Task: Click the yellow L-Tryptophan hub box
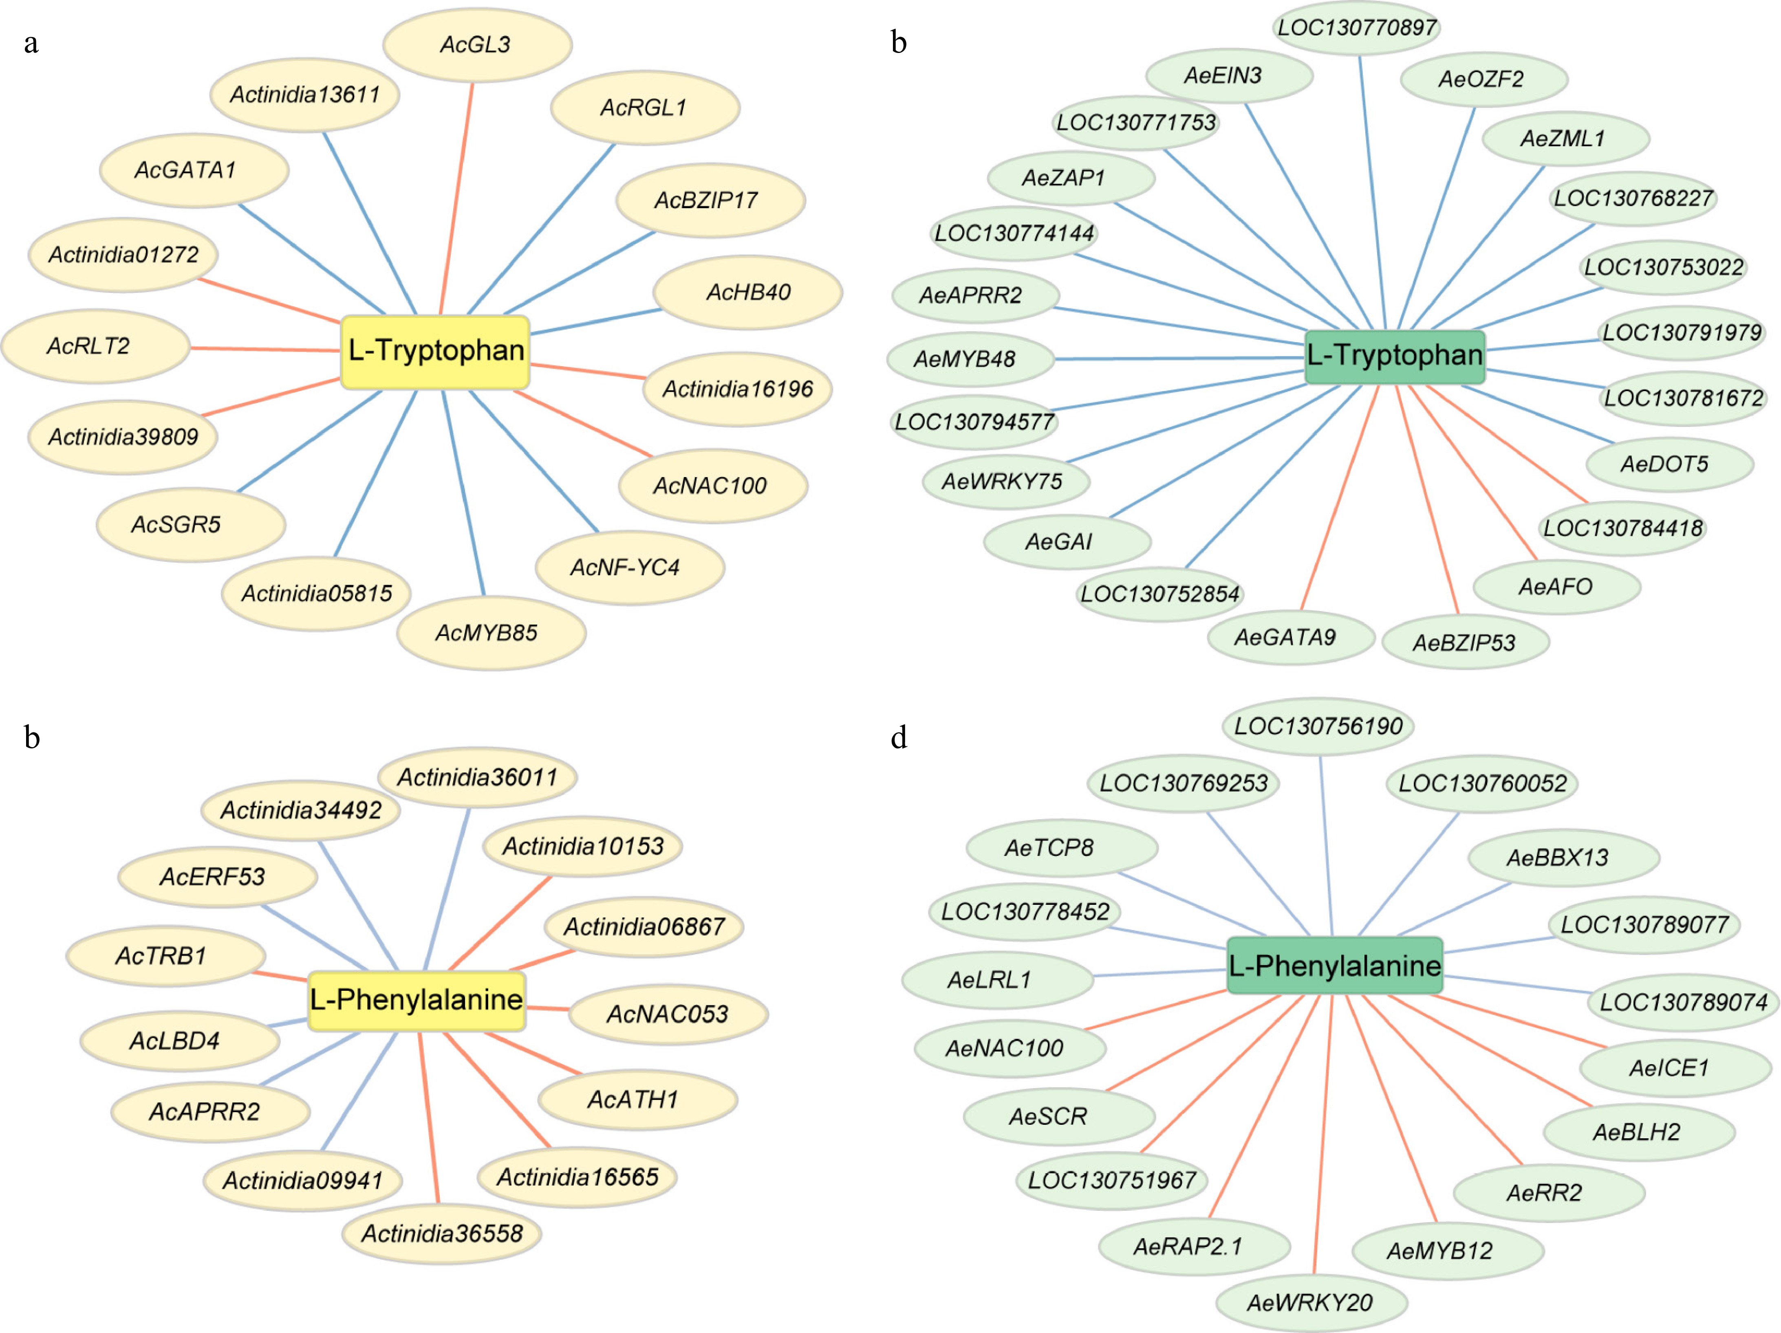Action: click(x=436, y=352)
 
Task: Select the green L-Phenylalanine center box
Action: click(x=1334, y=965)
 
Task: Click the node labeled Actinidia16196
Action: click(x=738, y=389)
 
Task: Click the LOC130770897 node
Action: click(x=1358, y=27)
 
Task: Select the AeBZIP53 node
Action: click(x=1465, y=642)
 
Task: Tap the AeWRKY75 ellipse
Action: click(x=1004, y=482)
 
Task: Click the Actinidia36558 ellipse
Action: click(x=441, y=1233)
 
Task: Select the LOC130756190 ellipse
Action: click(x=1318, y=726)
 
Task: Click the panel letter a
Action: click(x=31, y=43)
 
